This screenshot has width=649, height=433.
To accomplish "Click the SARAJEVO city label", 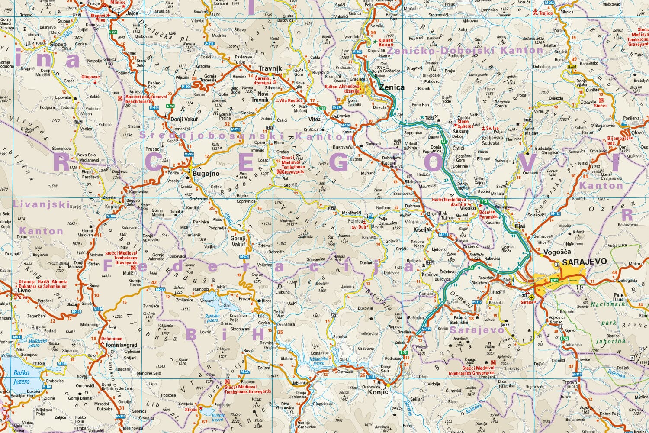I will tap(584, 262).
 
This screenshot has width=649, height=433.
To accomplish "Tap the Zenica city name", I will tap(392, 87).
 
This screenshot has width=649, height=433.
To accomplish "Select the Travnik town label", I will tap(270, 68).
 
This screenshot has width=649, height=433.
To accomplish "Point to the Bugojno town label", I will tap(206, 174).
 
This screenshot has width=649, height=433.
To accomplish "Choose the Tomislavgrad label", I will tap(121, 345).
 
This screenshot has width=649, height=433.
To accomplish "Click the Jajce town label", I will tap(132, 13).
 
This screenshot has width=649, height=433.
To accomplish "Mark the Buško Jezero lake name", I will tap(21, 377).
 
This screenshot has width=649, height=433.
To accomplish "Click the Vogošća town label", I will tap(557, 252).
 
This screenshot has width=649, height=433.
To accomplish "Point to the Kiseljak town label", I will tap(423, 229).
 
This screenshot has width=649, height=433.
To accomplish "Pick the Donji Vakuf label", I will tap(184, 120).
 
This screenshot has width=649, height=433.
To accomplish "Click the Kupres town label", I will tap(112, 207).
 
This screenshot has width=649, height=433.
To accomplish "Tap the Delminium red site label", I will tap(112, 339).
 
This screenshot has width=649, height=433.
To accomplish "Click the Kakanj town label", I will tap(460, 131).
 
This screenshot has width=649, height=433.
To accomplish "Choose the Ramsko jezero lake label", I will tap(212, 318).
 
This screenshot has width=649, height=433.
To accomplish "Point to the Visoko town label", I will tap(468, 208).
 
